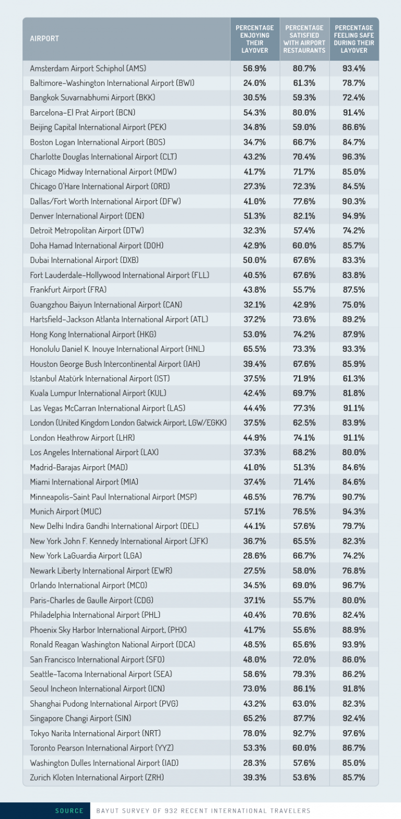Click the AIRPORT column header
point(44,39)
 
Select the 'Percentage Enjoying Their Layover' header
point(255,39)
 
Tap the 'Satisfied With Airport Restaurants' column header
point(304,39)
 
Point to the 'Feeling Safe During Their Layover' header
point(354,39)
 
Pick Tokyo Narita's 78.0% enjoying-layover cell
point(255,733)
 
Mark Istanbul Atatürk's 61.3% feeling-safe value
point(353,378)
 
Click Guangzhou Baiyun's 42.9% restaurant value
point(304,304)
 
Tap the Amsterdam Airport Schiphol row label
point(88,68)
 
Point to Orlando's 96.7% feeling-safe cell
point(353,585)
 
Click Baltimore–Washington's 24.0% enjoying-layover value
point(255,83)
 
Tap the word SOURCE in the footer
point(69,811)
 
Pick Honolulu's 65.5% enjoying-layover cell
point(255,349)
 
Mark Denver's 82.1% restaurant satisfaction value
point(304,215)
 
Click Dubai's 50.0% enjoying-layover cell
point(255,260)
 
